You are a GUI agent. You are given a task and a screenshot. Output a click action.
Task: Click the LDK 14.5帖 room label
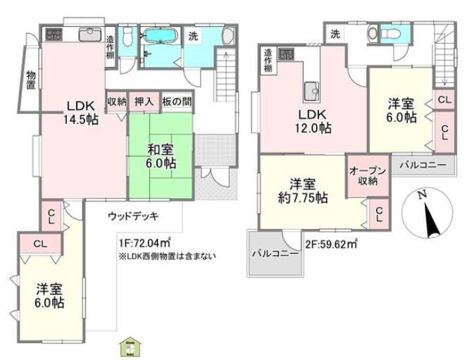click(82, 113)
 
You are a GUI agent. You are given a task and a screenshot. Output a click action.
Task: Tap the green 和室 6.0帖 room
click(161, 155)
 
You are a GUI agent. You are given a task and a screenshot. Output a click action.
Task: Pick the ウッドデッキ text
click(134, 216)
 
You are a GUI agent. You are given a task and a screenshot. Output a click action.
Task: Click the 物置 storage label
click(32, 81)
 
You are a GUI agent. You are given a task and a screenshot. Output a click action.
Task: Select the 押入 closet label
click(144, 101)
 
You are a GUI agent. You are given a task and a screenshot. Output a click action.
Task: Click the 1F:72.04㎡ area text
click(146, 243)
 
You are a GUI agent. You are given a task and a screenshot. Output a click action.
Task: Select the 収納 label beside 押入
click(116, 101)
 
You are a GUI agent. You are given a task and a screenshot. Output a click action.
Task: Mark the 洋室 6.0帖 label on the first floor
click(50, 296)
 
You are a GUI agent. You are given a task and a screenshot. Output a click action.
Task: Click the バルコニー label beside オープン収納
click(423, 165)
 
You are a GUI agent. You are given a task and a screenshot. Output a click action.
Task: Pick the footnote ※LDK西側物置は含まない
click(167, 256)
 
